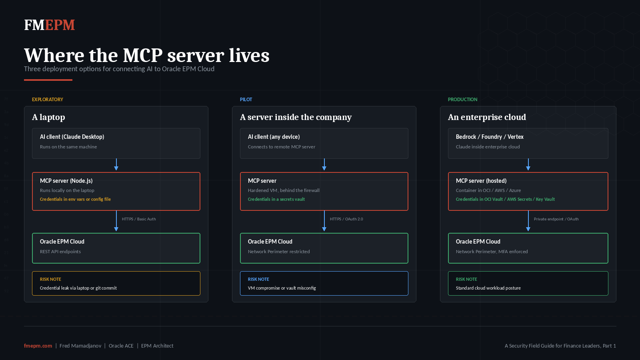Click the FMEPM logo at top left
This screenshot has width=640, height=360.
(49, 25)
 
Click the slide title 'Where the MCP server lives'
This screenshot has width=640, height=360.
(146, 55)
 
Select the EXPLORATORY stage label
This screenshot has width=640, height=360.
(48, 100)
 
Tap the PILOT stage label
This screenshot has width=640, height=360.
(246, 100)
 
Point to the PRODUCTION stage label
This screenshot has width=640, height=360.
(462, 100)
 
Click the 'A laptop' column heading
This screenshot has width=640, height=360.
(48, 117)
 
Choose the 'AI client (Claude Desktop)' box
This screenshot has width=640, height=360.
(116, 143)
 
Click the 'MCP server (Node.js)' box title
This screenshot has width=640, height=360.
(66, 181)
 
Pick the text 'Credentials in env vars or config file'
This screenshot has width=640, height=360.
(75, 199)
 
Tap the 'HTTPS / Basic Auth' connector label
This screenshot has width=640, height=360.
(139, 219)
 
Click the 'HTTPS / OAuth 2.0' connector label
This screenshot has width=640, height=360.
(346, 219)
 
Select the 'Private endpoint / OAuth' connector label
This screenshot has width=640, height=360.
(556, 219)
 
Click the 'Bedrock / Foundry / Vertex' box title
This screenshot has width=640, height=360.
(490, 137)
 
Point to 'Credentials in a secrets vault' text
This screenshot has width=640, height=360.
(276, 199)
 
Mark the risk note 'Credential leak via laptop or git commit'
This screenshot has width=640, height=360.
(78, 288)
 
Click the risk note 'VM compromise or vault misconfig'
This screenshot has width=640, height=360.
(282, 288)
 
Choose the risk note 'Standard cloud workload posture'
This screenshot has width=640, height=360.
(488, 288)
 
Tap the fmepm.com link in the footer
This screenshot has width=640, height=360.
(38, 346)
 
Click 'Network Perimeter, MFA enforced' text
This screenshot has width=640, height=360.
(492, 252)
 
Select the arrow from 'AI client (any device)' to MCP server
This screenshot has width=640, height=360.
(324, 164)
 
